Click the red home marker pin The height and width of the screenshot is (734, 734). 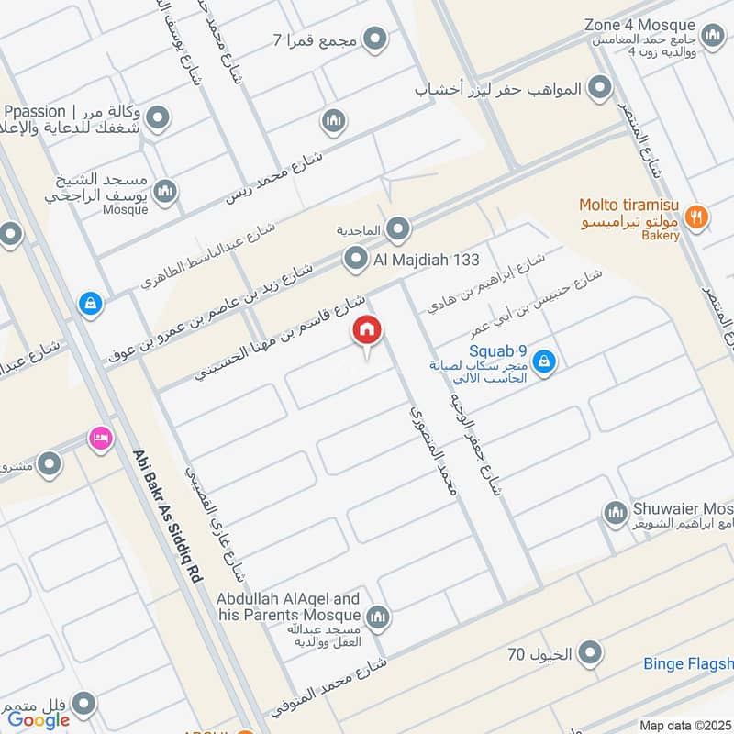coord(367,331)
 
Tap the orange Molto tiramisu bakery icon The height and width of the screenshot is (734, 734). coord(697,217)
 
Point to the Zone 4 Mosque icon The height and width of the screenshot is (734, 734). coord(712,36)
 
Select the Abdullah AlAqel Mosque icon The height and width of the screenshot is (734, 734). coord(377,617)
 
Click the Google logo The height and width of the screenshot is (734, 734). coord(39,720)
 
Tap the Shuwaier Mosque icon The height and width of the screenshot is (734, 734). coord(614,510)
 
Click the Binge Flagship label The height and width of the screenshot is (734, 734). coord(688,663)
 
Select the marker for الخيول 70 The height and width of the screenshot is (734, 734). coord(592,653)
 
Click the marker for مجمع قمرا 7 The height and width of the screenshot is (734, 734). coord(374,39)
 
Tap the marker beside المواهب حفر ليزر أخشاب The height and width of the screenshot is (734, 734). coord(600,88)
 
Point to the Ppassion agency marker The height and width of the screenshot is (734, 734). coord(159,118)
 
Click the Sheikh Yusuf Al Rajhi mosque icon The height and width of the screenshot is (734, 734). coord(165,191)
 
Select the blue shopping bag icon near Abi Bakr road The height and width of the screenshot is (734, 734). coord(90,302)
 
